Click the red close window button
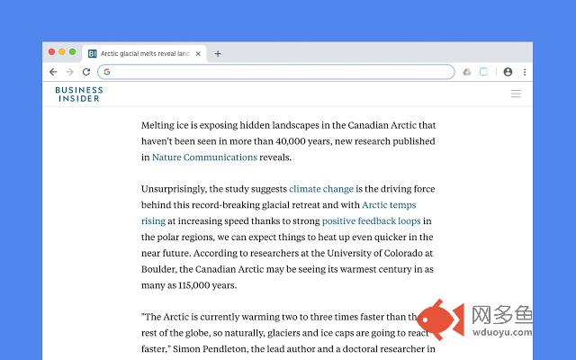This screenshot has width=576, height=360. (x=51, y=53)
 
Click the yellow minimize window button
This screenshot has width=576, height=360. (x=61, y=53)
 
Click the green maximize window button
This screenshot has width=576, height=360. (x=72, y=53)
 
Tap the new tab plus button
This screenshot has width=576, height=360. (x=218, y=54)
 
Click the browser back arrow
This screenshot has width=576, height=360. (x=53, y=72)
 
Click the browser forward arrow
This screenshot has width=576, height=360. (x=69, y=72)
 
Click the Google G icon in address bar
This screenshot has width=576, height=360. (x=106, y=72)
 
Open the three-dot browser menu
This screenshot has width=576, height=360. (x=525, y=72)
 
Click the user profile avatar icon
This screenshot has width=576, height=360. (x=508, y=72)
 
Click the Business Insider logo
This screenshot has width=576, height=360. (x=79, y=94)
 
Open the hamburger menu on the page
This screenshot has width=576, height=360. (x=516, y=94)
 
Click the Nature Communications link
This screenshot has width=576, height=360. (x=204, y=157)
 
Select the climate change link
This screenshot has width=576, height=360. (x=321, y=189)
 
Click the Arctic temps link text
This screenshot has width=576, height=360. (x=389, y=205)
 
